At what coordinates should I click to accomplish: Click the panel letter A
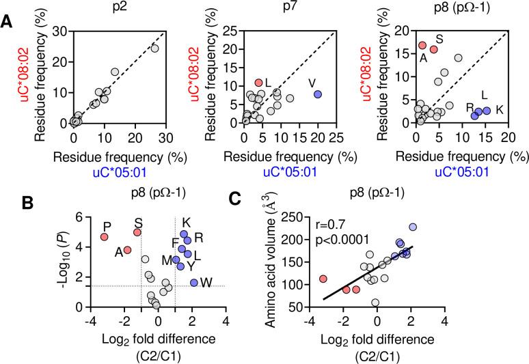6,22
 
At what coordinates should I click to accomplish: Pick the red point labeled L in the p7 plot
258,83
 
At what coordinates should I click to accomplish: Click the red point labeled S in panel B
137,232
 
